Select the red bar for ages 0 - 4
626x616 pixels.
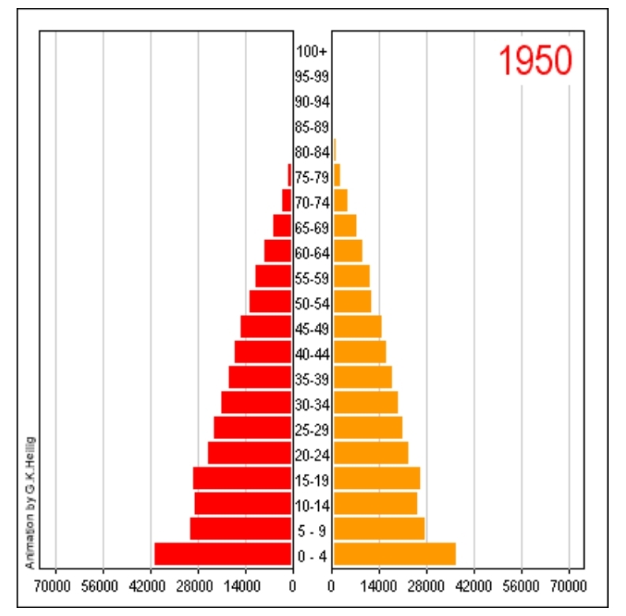pyautogui.click(x=223, y=554)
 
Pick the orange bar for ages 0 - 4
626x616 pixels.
pyautogui.click(x=394, y=554)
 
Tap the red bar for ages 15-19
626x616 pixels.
pyautogui.click(x=242, y=478)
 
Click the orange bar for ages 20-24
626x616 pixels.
pyautogui.click(x=370, y=453)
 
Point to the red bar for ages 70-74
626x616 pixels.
pyautogui.click(x=287, y=201)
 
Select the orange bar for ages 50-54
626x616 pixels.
pyautogui.click(x=352, y=302)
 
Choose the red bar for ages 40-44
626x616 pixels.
pyautogui.click(x=263, y=352)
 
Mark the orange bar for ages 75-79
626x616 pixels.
pyautogui.click(x=337, y=175)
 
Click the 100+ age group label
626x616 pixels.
pyautogui.click(x=312, y=52)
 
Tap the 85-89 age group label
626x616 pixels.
pyautogui.click(x=312, y=126)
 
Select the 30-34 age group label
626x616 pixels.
pyautogui.click(x=312, y=405)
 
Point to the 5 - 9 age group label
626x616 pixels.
pyautogui.click(x=312, y=531)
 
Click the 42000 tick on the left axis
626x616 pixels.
pyautogui.click(x=151, y=585)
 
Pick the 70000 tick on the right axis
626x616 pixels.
pyautogui.click(x=569, y=585)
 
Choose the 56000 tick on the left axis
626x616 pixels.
pyautogui.click(x=103, y=585)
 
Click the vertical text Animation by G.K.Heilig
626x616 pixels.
pyautogui.click(x=30, y=501)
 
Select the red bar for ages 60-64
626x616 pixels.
pyautogui.click(x=278, y=251)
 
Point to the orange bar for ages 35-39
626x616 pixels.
pyautogui.click(x=362, y=377)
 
